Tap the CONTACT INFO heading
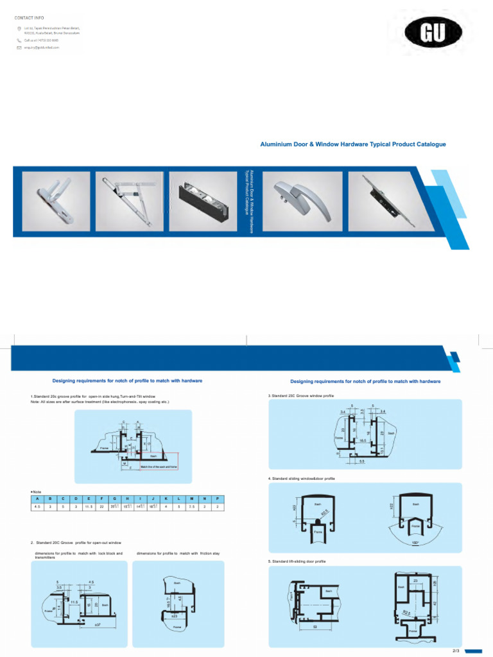click(x=29, y=17)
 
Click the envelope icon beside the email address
click(x=19, y=48)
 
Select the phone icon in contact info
click(x=19, y=40)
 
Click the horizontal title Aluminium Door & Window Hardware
click(x=353, y=144)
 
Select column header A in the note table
click(x=37, y=499)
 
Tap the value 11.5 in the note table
click(x=88, y=507)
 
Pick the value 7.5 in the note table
click(x=192, y=507)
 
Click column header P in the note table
click(x=218, y=499)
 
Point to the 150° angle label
click(x=415, y=542)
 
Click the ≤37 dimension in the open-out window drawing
click(x=98, y=624)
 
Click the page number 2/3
click(x=456, y=651)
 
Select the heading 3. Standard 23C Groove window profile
click(x=301, y=396)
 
